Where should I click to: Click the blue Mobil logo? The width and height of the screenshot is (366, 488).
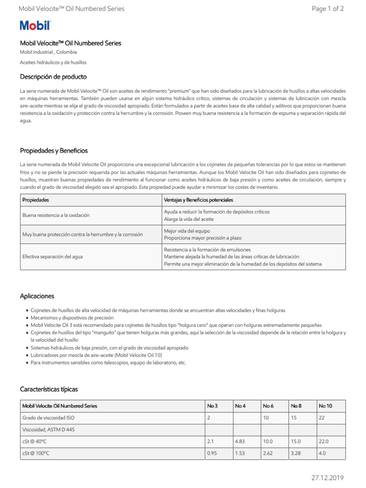point(35,26)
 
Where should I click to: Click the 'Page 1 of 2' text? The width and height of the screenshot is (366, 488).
point(327,9)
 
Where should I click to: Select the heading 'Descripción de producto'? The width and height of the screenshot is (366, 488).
point(53,77)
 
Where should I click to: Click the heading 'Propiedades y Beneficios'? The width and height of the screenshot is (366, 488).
point(54,151)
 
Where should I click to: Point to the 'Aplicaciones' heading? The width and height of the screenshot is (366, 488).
point(37,296)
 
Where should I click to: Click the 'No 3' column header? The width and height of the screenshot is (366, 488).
point(212,406)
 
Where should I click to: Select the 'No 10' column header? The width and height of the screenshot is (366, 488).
point(325,406)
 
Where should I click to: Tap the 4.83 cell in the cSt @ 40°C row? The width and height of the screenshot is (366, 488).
point(240,441)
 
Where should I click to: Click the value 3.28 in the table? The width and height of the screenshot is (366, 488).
point(296,453)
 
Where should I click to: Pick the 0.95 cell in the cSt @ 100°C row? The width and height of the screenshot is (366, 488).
point(212,453)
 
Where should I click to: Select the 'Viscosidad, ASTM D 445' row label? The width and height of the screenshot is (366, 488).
point(48,429)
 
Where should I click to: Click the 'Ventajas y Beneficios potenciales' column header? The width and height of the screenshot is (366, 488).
point(199,200)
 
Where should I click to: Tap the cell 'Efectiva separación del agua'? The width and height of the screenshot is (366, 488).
point(52,256)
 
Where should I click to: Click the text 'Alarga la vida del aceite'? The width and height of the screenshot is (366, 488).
point(189,219)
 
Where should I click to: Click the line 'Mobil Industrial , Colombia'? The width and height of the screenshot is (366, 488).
point(48,52)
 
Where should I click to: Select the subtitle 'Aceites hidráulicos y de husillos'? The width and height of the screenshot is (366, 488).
point(53,62)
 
